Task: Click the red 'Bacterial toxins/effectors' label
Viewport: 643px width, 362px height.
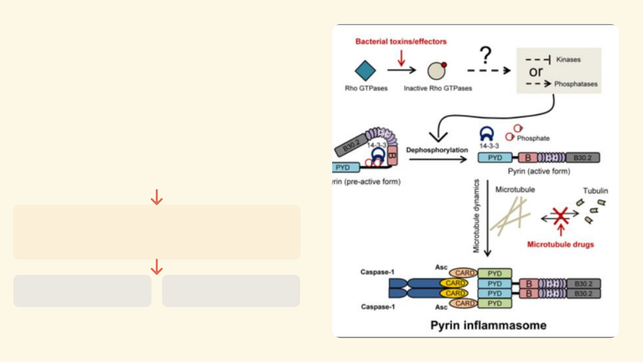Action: click(401, 42)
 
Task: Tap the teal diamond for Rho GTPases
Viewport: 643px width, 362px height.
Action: click(365, 71)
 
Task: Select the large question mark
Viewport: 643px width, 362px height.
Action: click(486, 57)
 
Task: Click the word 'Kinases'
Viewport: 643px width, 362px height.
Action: click(568, 59)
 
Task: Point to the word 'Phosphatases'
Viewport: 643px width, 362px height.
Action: click(576, 84)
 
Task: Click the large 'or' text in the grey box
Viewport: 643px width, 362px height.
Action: click(536, 71)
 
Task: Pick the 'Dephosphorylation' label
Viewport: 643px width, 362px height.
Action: click(437, 150)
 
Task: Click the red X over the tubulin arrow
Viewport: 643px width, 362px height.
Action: click(560, 216)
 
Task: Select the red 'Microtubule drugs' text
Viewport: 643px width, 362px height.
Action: click(560, 244)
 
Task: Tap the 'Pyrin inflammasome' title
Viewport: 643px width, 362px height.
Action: click(488, 325)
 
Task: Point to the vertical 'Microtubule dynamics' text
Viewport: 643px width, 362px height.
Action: click(476, 216)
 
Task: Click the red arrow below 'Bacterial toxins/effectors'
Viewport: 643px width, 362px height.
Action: click(402, 58)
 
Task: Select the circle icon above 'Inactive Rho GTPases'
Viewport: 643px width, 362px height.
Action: click(436, 71)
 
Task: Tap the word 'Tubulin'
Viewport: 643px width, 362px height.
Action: click(595, 191)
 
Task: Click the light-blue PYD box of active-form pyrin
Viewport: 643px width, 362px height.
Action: click(495, 157)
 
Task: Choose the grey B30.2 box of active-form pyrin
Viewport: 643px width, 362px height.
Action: click(583, 157)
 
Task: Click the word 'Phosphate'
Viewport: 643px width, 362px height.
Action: click(533, 139)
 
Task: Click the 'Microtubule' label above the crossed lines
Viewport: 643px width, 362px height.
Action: click(515, 189)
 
